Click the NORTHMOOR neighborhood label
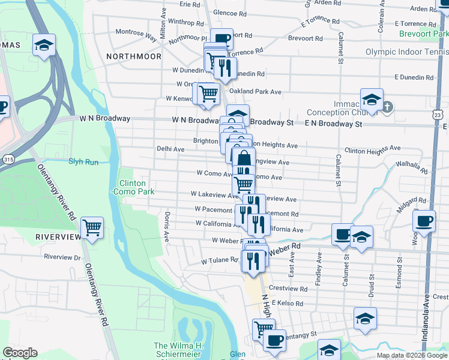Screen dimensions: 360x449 [133, 56]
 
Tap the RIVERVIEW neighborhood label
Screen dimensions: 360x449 [58, 237]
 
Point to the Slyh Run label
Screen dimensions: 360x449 [83, 161]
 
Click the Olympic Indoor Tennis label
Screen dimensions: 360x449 [406, 52]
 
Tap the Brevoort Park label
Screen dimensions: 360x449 [424, 34]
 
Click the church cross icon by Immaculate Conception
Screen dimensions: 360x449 [388, 107]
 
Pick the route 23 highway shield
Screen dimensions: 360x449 [438, 114]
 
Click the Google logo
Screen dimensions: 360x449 [20, 353]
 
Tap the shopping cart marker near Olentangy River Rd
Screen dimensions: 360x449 [92, 227]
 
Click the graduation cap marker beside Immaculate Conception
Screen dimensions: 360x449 [372, 99]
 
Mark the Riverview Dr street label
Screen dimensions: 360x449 [62, 257]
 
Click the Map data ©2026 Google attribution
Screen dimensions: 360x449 [412, 355]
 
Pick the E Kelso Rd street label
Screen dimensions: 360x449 [289, 304]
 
